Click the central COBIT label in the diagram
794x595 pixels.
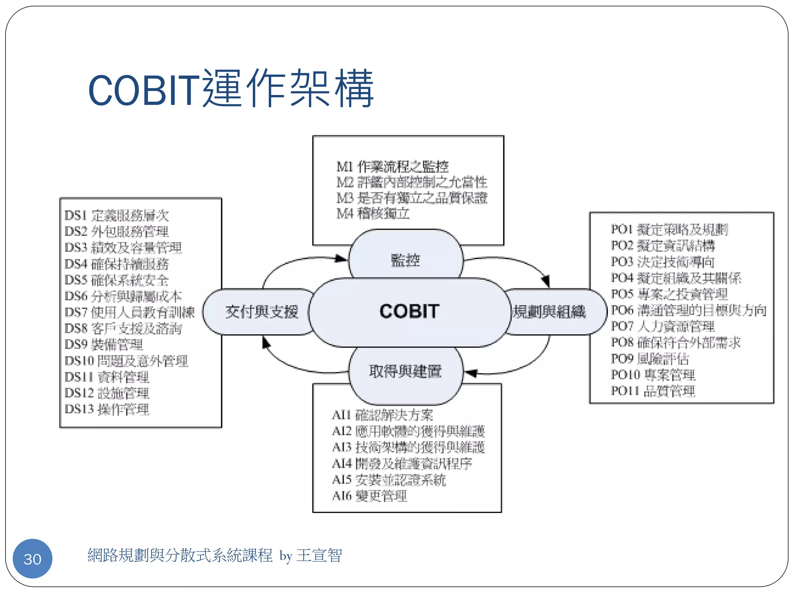click(x=409, y=311)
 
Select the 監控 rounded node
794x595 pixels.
click(x=406, y=260)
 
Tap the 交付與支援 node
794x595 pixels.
click(x=262, y=312)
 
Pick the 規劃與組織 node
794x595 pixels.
click(x=550, y=312)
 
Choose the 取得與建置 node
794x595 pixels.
click(x=406, y=371)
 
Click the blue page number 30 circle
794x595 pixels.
click(x=33, y=559)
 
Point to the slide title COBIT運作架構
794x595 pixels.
click(x=231, y=89)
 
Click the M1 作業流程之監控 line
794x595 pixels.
click(x=392, y=167)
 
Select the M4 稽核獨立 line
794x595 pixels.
click(x=373, y=213)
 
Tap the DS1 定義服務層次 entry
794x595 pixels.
click(x=116, y=215)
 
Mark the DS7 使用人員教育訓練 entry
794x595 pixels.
click(x=129, y=312)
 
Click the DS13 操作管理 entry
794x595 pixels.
click(x=107, y=409)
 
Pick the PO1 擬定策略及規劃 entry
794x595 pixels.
click(x=669, y=229)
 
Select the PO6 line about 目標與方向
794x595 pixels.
click(x=689, y=310)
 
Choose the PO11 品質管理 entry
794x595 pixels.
click(x=653, y=391)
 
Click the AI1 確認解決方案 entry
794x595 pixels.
click(x=382, y=415)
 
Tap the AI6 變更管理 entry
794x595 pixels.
click(x=369, y=496)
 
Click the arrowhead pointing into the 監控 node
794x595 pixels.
click(x=341, y=258)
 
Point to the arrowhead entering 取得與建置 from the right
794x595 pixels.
click(x=470, y=373)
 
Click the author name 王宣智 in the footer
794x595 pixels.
click(x=319, y=555)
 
